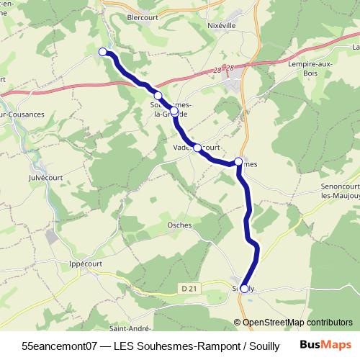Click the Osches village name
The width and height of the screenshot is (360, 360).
tap(179, 225)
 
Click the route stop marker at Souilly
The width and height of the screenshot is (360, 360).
tap(244, 289)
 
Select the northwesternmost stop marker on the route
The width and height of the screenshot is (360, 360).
tap(103, 51)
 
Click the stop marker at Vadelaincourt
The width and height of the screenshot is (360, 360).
tap(197, 148)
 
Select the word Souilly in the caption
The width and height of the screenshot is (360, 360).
tap(262, 345)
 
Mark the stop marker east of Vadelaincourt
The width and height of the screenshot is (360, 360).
tap(239, 162)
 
